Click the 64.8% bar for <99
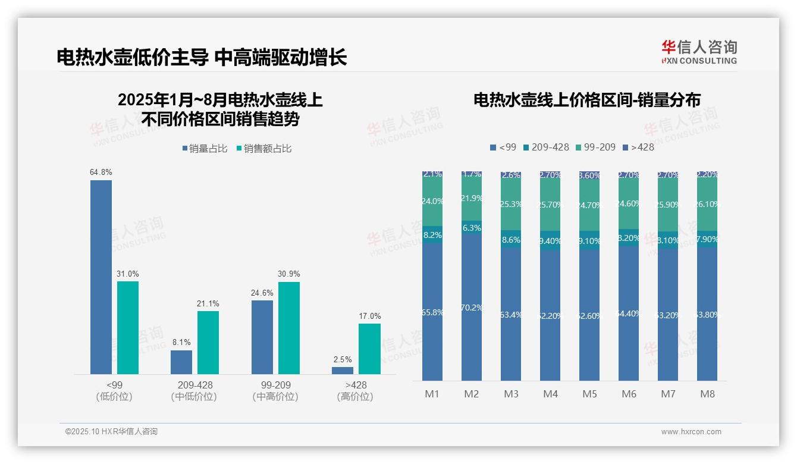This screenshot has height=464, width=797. point(101,277)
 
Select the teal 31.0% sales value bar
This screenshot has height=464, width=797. point(128,327)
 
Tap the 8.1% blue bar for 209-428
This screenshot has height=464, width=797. point(181,362)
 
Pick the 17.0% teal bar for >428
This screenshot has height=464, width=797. point(369,349)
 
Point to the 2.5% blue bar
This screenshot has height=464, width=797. point(343,370)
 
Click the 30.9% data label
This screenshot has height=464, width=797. point(288,274)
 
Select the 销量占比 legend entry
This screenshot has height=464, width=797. point(205,149)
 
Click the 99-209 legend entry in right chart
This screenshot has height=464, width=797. point(596,147)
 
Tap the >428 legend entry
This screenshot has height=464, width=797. point(638,147)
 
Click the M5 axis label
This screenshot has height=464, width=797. point(589,394)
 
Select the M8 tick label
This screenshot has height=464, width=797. point(707,394)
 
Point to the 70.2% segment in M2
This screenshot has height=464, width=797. point(472,307)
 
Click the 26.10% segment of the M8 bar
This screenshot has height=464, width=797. point(707,204)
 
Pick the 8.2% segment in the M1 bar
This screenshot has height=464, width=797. point(432,235)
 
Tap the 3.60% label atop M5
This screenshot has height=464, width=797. point(589,175)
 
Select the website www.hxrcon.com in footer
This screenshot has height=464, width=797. point(691,432)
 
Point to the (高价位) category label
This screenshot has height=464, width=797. point(355,397)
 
